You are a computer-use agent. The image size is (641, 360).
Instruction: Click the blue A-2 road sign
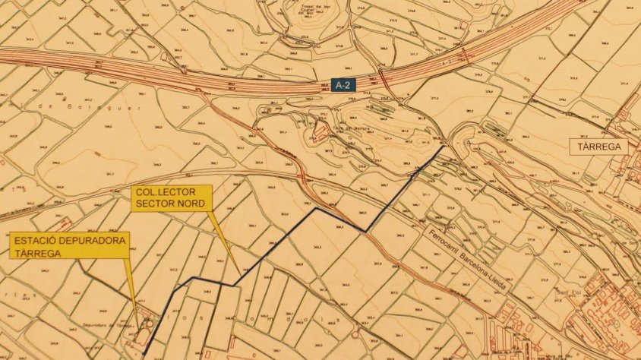point(343,86)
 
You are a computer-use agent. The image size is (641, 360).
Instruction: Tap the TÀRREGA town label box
point(599,147)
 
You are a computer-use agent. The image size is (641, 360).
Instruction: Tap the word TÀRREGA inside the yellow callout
point(36,254)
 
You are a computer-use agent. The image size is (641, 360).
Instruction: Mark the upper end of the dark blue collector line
point(444,147)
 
